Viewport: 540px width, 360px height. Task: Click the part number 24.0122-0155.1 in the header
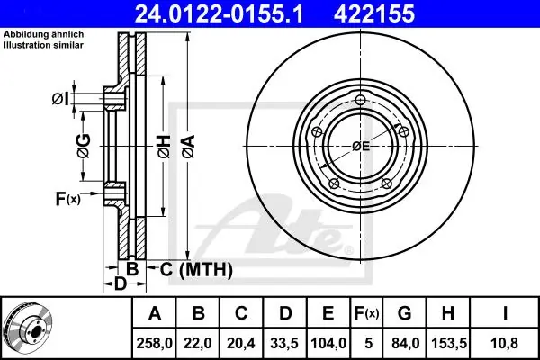(x=220, y=13)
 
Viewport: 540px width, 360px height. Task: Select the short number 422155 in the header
(x=374, y=13)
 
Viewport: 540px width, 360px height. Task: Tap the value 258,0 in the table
(x=154, y=343)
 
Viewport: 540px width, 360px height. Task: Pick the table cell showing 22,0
(x=198, y=343)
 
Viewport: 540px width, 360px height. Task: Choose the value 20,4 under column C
(x=241, y=343)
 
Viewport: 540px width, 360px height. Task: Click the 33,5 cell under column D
(x=284, y=343)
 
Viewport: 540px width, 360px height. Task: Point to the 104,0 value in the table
(x=328, y=343)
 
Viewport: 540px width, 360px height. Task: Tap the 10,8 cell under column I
(x=505, y=343)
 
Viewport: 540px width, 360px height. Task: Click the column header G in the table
(x=405, y=313)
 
